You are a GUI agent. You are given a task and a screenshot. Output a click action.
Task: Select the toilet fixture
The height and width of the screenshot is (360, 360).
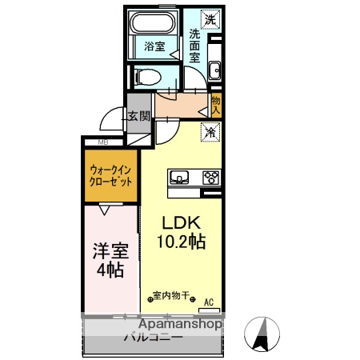coord(147,76)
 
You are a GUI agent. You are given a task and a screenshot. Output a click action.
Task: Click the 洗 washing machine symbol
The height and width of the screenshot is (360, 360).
coord(210,18)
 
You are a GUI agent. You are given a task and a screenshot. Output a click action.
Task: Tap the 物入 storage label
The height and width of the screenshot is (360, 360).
coord(216,104)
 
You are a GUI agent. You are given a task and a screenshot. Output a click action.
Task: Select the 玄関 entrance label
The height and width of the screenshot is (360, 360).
coord(140,116)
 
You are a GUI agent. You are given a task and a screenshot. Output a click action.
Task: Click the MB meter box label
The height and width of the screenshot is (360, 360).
coord(102,142)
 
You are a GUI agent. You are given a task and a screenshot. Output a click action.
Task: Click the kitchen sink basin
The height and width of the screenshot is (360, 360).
coord(178,177)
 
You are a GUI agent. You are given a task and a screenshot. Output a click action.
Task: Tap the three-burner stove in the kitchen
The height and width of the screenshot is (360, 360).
coord(210,178)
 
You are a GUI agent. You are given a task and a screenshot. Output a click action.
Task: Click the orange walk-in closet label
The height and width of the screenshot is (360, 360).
coord(111,175)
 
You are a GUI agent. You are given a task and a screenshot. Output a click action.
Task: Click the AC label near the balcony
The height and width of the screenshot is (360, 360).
coord(209,302)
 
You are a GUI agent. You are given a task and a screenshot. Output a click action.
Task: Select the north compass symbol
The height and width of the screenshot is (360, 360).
coord(261,334)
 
